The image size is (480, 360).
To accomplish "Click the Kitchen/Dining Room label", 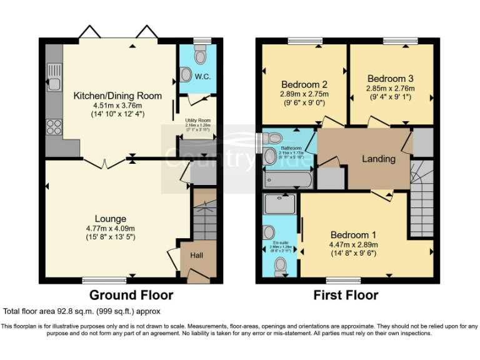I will (x=117, y=96).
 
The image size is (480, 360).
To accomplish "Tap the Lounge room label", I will (x=111, y=219).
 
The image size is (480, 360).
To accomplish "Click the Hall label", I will (x=196, y=256).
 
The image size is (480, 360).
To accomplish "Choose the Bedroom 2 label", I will (x=304, y=84).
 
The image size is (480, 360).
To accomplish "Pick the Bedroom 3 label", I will (x=391, y=79).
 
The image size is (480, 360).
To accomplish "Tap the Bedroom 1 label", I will (x=354, y=234).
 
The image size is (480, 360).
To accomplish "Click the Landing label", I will (x=379, y=159).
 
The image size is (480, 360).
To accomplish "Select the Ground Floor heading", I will (x=131, y=295).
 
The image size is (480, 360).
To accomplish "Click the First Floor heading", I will (x=346, y=295).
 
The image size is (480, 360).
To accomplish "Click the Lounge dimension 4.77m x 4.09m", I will (x=111, y=228).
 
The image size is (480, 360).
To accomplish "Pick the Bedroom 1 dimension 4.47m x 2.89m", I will (x=354, y=244).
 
